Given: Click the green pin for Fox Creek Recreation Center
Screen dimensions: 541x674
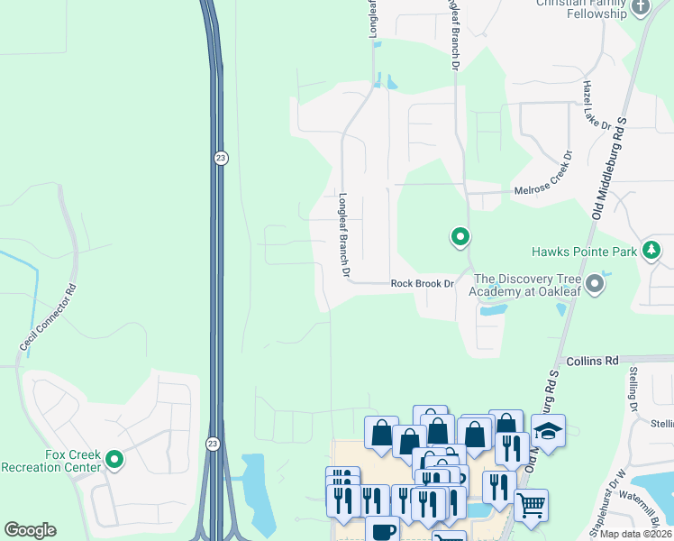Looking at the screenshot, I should pos(114,460).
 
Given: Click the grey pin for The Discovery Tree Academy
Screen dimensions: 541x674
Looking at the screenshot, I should pos(594,285).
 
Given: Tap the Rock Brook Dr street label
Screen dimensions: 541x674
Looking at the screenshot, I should pos(421,283).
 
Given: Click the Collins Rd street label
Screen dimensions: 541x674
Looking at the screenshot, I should pos(592,361).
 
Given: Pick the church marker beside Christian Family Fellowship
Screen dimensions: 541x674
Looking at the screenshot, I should pos(641,7).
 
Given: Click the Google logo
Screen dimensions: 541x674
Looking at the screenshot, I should pos(30,530).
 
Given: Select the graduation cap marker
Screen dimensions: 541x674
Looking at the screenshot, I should pos(547,431).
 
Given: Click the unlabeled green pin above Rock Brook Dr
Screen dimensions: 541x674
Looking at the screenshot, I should pos(460,237).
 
